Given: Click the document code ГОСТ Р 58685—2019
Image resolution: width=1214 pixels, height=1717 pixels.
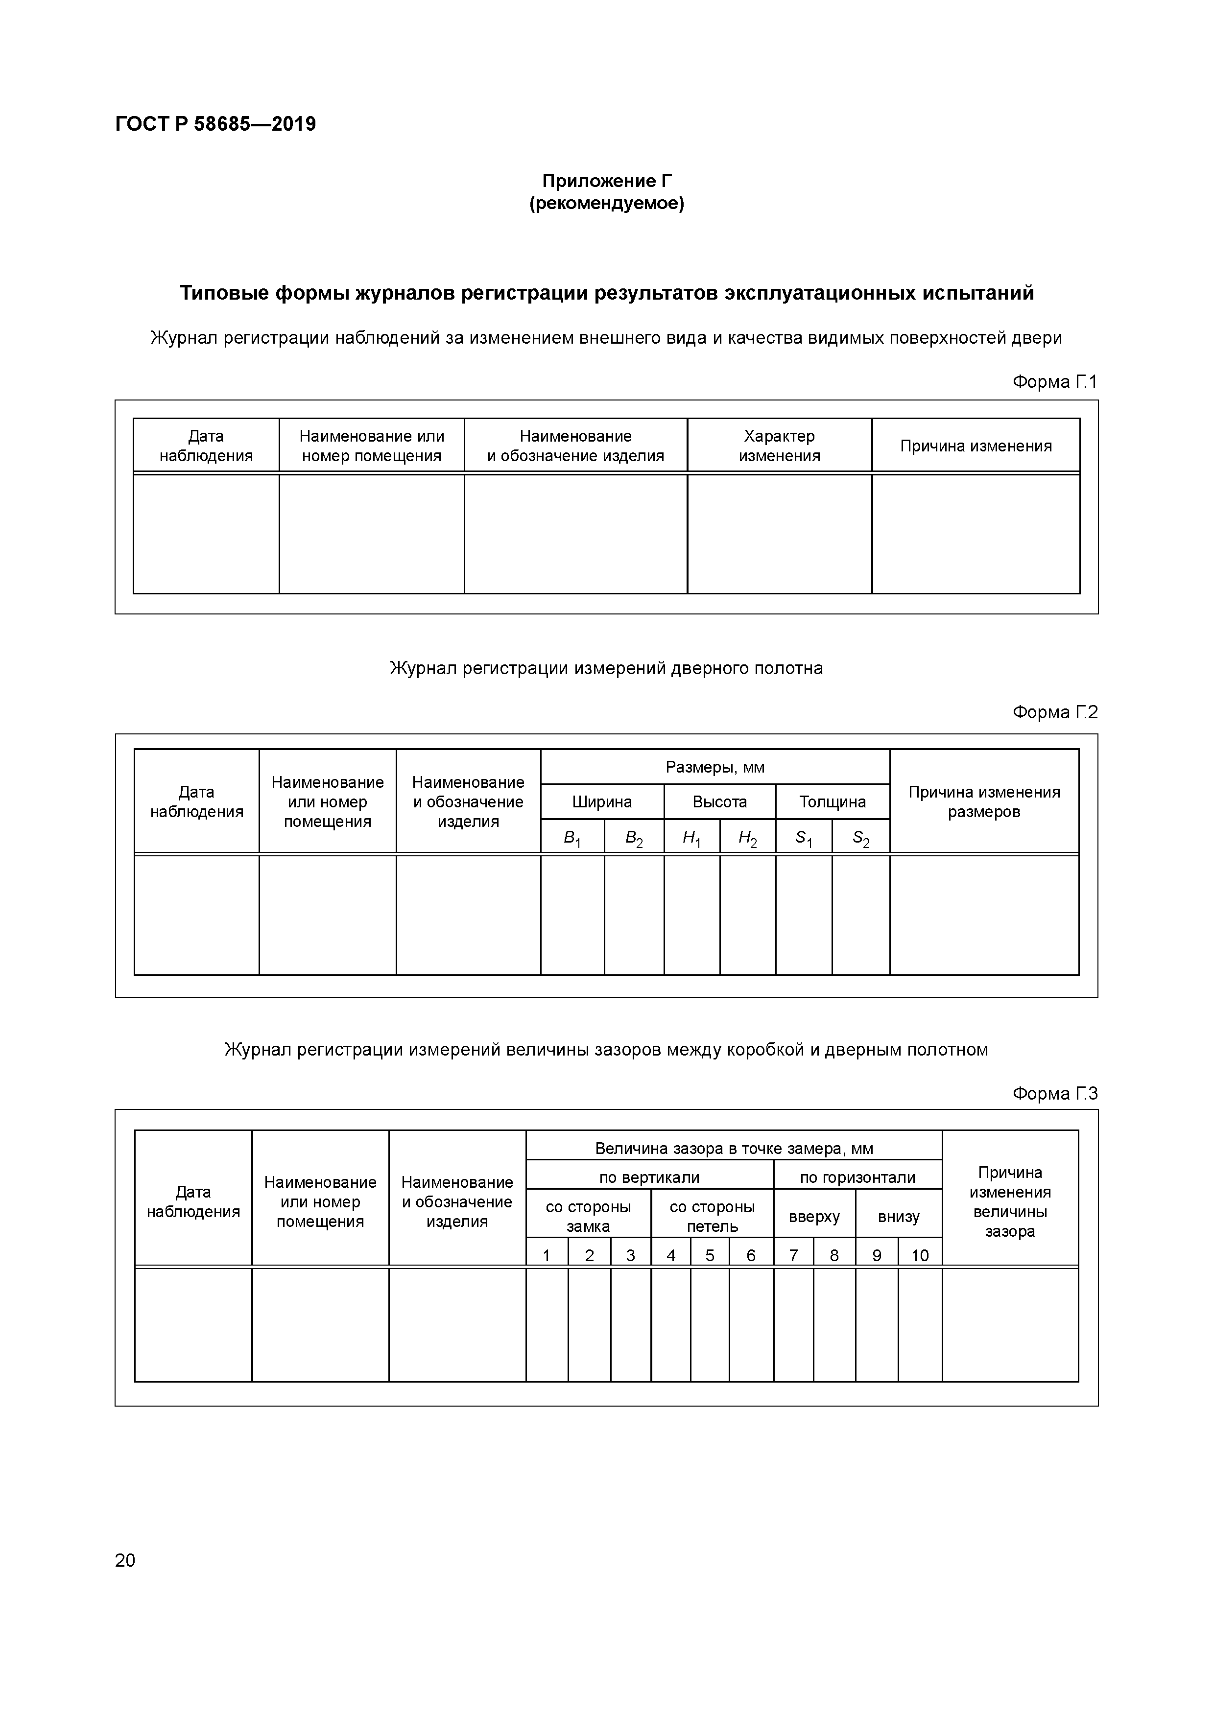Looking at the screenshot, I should coord(215,124).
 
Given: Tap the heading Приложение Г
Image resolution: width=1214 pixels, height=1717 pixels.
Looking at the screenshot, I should coord(607,181).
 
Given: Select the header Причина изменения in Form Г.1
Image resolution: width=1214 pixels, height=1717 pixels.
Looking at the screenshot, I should coord(976,447).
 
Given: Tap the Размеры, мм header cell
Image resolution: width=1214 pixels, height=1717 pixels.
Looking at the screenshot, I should coord(714,767).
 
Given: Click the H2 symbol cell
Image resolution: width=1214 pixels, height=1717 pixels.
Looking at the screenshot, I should coord(747,838).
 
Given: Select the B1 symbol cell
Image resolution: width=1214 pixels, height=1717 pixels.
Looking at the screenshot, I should coord(571,838).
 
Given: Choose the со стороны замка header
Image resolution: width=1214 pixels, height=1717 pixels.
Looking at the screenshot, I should coord(588,1216).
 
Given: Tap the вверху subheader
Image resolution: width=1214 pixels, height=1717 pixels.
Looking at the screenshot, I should coord(814,1216).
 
